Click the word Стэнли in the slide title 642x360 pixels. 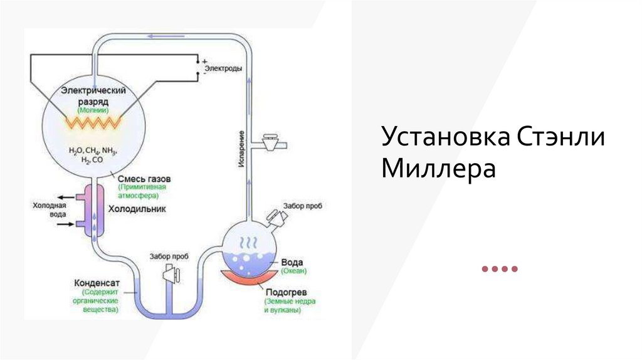(x=561, y=137)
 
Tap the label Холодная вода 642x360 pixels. (x=49, y=209)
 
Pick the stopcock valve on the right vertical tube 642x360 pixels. (x=271, y=140)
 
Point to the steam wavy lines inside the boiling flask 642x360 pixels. (x=250, y=241)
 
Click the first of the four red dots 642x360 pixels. (x=485, y=269)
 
